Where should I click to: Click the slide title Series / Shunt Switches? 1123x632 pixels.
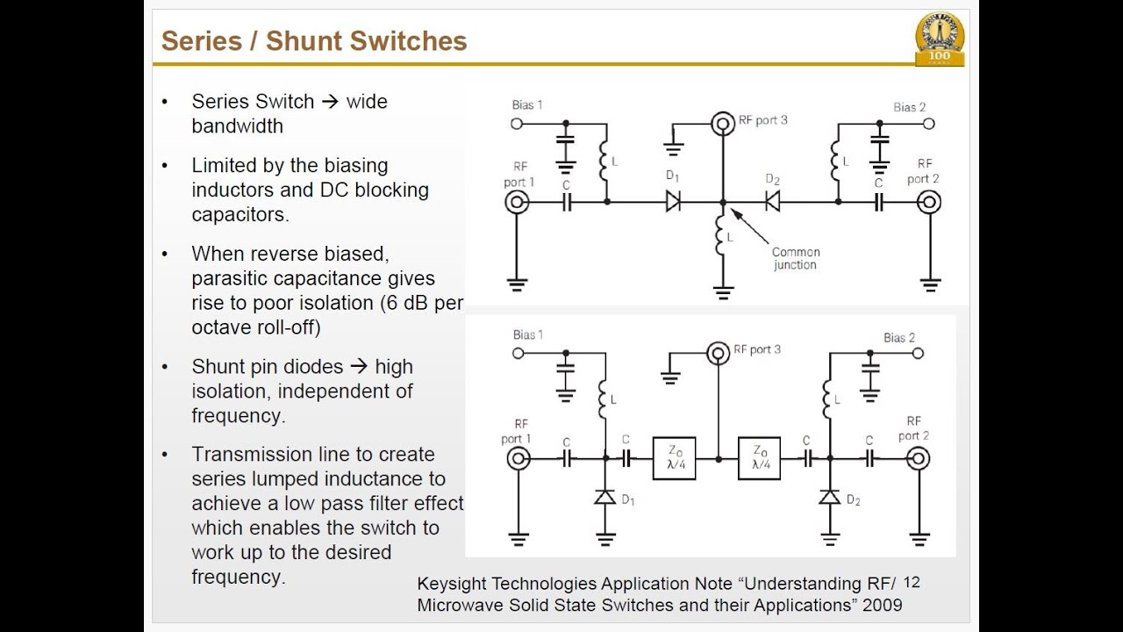(x=314, y=41)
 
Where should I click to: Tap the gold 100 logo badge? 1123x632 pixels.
(x=939, y=39)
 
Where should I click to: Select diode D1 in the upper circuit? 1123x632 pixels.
(x=674, y=202)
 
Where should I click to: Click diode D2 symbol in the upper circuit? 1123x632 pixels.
(x=773, y=202)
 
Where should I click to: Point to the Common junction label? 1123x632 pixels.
(x=795, y=258)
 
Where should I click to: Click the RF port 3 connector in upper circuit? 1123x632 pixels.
(x=723, y=123)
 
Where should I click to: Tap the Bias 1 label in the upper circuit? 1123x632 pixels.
(x=527, y=105)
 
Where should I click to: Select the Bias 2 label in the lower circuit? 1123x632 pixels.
(x=898, y=337)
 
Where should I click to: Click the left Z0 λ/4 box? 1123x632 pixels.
(x=674, y=458)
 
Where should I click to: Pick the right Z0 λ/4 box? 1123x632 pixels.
(x=760, y=458)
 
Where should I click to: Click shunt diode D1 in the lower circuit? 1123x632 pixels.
(x=605, y=498)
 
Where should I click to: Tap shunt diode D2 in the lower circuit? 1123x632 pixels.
(x=830, y=498)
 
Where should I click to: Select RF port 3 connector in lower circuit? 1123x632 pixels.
(x=719, y=353)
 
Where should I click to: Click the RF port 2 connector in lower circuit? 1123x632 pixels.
(x=919, y=458)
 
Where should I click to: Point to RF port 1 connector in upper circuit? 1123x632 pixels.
(x=518, y=203)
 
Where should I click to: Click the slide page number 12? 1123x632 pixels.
(x=911, y=583)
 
